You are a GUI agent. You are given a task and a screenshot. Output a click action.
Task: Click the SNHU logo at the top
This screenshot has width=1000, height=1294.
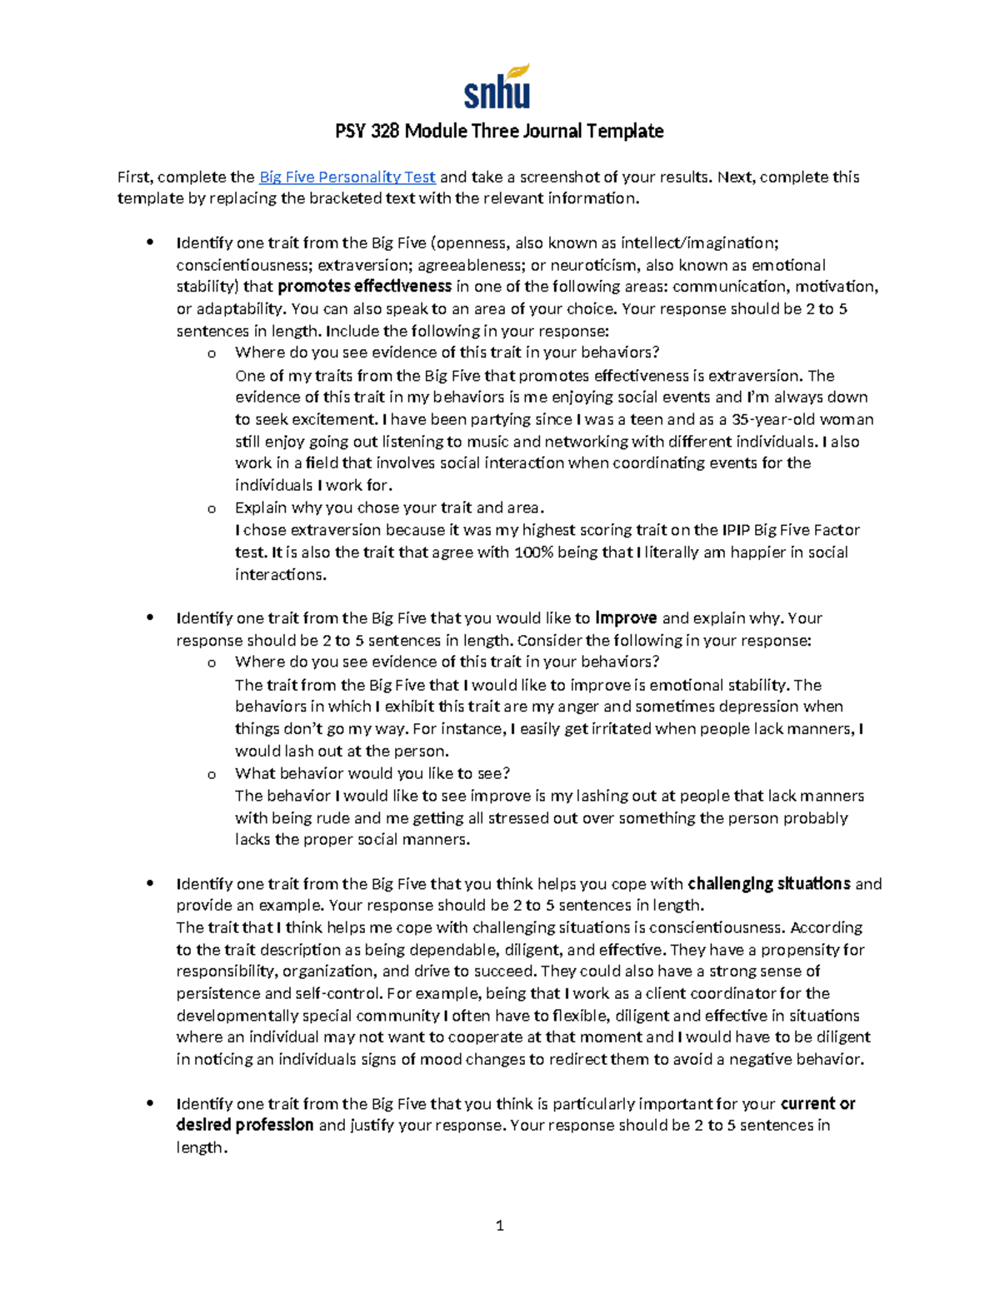coord(497,87)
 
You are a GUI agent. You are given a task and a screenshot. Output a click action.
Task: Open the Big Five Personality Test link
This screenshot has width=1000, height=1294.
coord(347,177)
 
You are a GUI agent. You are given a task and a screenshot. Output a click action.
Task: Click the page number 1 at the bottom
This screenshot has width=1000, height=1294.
coord(499,1225)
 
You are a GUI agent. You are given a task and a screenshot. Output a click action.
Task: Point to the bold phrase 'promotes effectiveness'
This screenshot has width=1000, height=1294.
coord(364,287)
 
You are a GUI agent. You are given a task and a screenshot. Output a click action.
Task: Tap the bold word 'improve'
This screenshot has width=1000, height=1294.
coord(626,618)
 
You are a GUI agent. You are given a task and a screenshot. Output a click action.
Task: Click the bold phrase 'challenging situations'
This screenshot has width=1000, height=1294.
coord(768,883)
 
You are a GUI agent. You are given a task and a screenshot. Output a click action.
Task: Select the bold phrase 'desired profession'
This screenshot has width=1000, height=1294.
coord(245,1125)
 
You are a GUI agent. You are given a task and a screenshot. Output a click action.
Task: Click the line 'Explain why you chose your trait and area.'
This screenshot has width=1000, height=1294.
coord(389,507)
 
